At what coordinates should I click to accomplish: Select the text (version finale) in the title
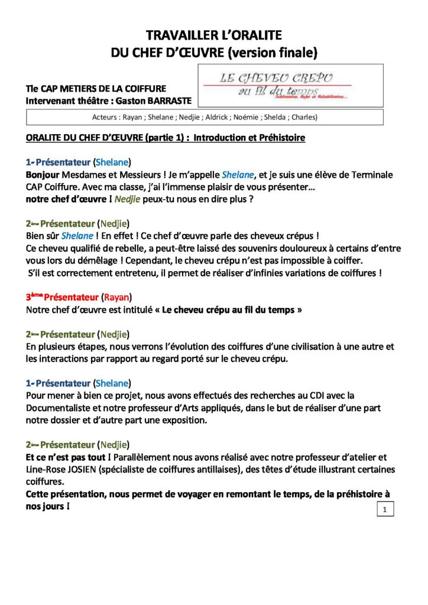[x=273, y=53]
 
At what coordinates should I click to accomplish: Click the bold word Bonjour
[x=43, y=175]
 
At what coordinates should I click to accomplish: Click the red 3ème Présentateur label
[x=61, y=296]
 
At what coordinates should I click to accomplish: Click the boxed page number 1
[x=385, y=509]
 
